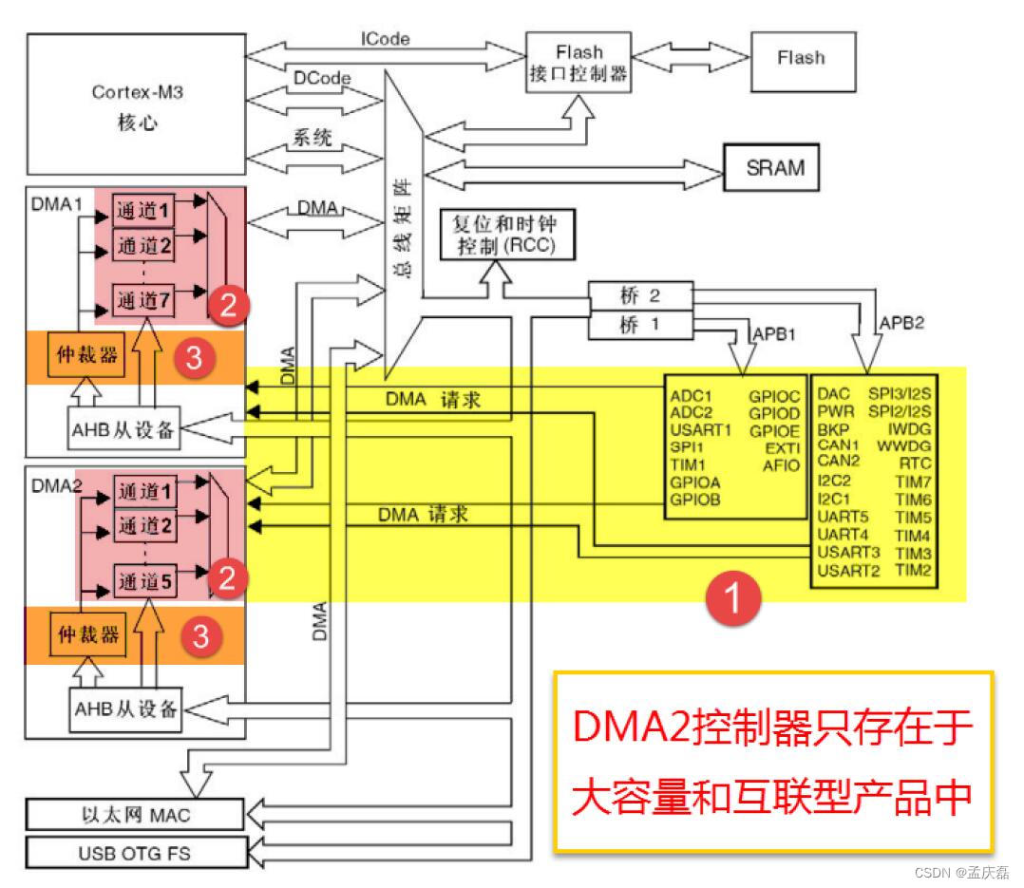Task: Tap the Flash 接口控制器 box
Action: click(x=578, y=64)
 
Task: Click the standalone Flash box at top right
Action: click(x=801, y=58)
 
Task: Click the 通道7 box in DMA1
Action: click(x=145, y=301)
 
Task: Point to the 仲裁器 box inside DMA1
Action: click(x=88, y=355)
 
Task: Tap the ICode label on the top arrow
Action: click(x=386, y=39)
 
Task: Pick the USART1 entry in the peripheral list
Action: click(x=701, y=429)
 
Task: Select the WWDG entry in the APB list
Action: click(x=902, y=444)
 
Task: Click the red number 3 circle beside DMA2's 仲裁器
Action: click(x=200, y=637)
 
